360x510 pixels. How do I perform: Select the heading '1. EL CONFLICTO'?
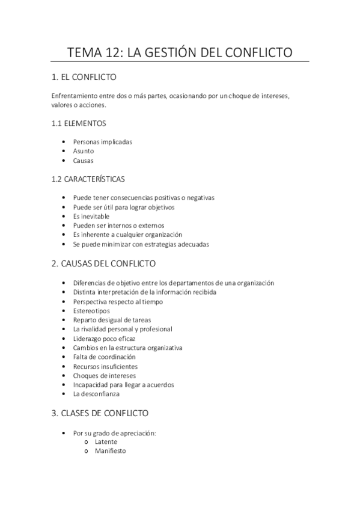[x=84, y=78]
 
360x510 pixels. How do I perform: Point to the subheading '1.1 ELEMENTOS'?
[x=79, y=123]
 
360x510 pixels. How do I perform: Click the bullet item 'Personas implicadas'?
[x=102, y=142]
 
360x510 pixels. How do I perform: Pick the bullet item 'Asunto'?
[x=84, y=152]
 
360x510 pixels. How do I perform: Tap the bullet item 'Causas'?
[x=84, y=161]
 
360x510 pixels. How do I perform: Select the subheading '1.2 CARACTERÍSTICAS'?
[x=88, y=179]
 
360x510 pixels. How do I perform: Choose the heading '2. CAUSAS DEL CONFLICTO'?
[x=104, y=263]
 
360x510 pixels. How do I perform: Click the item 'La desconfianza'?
[x=96, y=394]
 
